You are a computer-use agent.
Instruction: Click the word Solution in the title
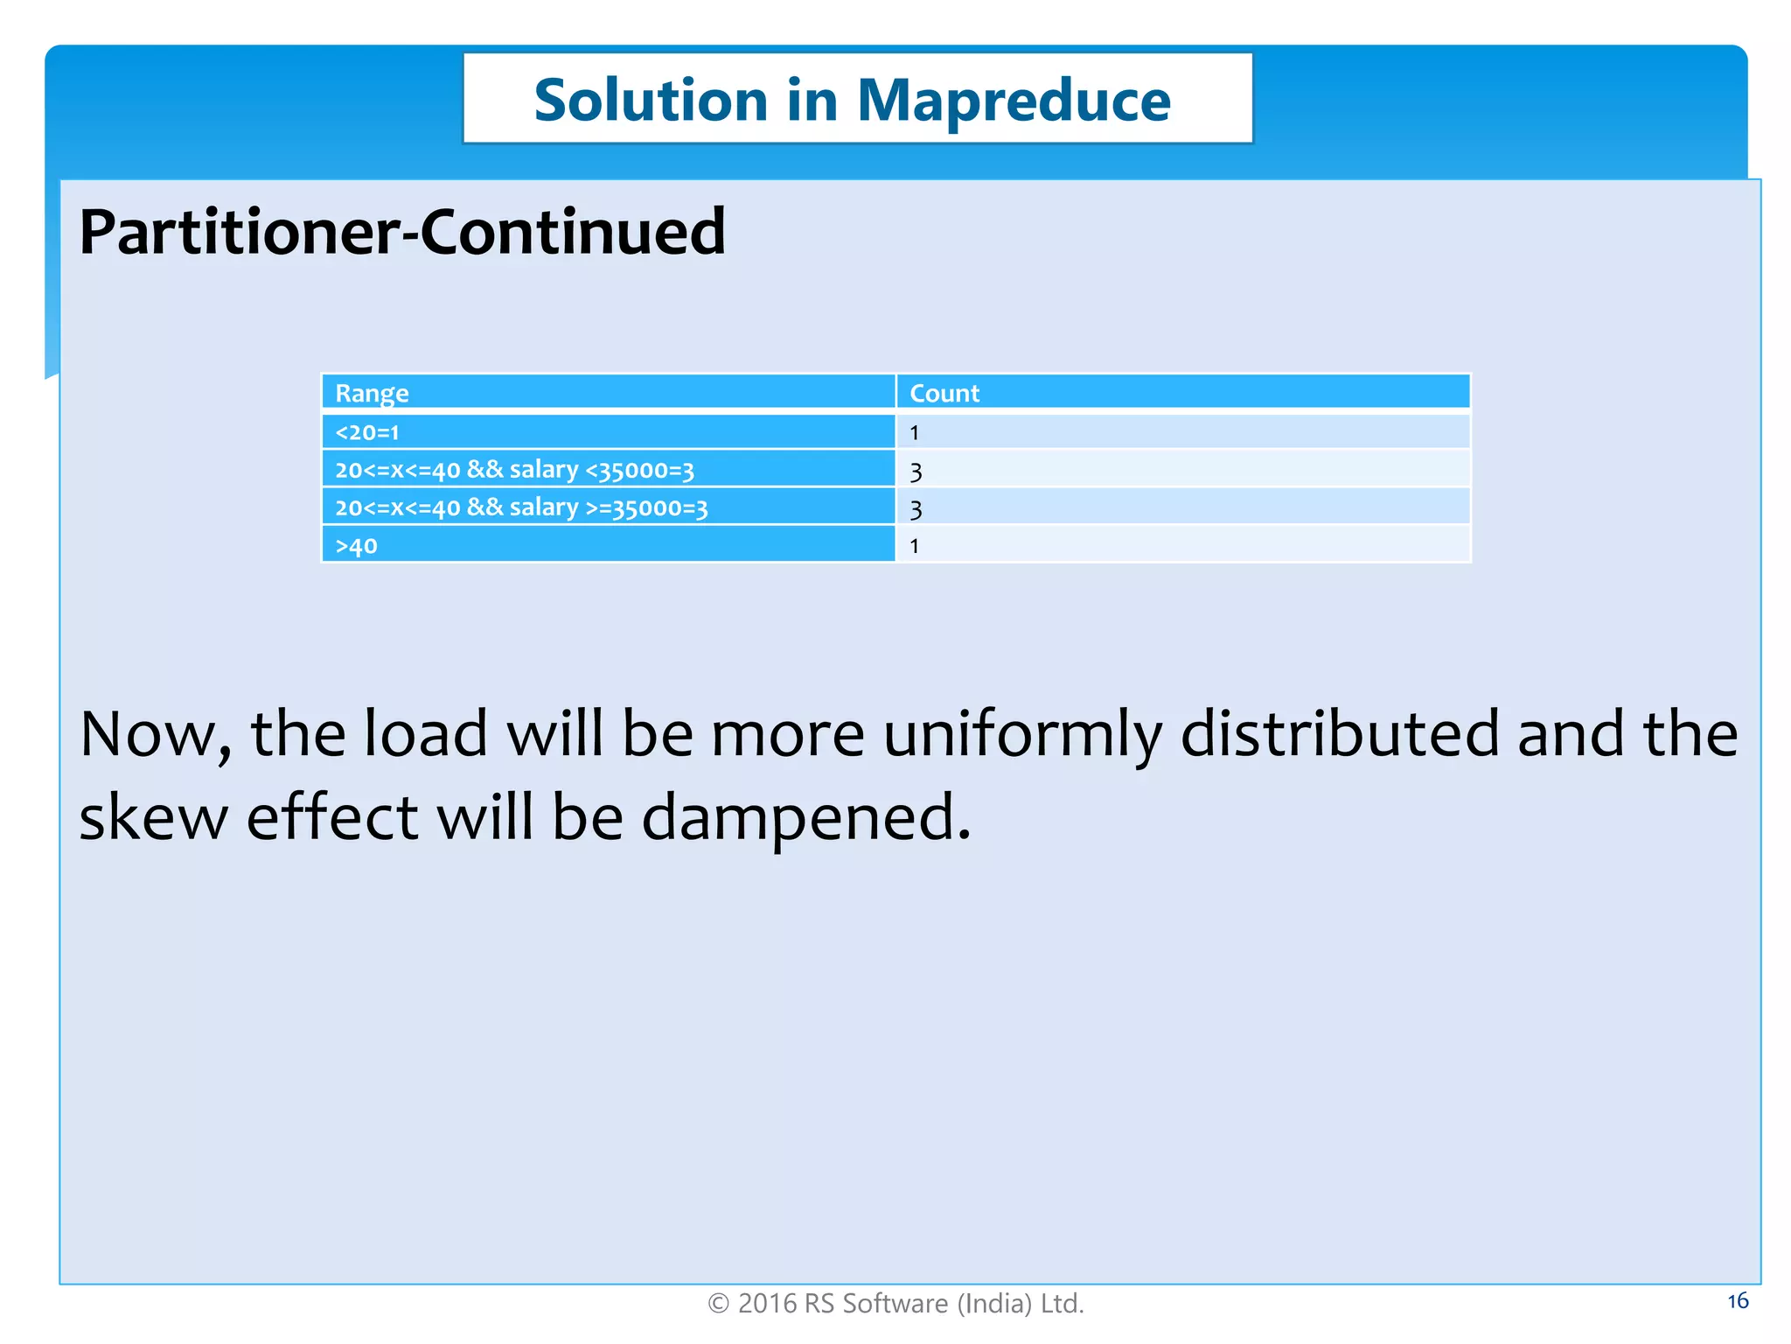tap(650, 100)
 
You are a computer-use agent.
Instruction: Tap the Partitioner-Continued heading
tap(402, 233)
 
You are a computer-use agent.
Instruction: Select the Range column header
tap(372, 393)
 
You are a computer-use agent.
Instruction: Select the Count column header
tap(944, 393)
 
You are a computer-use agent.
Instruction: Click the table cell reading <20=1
tap(367, 432)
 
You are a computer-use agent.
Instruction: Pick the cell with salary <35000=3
tap(514, 470)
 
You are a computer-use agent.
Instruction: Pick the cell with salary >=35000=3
tap(521, 507)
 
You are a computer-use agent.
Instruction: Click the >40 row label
tap(356, 546)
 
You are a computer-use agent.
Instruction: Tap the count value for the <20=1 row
tap(914, 432)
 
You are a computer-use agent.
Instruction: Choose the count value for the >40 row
tap(914, 546)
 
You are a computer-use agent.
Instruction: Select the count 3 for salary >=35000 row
tap(916, 509)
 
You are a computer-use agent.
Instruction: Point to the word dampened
tap(805, 817)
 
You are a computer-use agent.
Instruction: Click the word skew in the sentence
tap(153, 817)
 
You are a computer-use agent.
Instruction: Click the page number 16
tap(1737, 1301)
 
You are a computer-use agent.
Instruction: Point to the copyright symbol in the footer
tap(718, 1304)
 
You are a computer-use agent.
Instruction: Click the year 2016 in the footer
tap(767, 1304)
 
